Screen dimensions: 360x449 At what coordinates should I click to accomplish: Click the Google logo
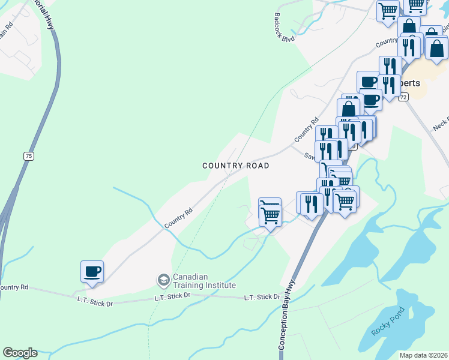[x=20, y=353]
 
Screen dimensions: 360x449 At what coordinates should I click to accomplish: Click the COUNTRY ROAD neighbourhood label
[x=235, y=166]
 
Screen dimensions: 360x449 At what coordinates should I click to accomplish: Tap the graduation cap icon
[x=163, y=280]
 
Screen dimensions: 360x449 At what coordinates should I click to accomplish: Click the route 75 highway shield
[x=28, y=156]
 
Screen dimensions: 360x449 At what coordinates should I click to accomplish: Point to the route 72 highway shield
[x=403, y=97]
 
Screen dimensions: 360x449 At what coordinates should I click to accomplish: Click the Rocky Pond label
[x=388, y=321]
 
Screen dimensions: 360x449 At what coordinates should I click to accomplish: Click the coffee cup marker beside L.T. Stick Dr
[x=92, y=271]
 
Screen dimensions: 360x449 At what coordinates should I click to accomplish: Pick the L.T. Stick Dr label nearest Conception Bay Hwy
[x=262, y=297]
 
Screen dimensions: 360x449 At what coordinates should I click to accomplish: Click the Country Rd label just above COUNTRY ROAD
[x=305, y=130]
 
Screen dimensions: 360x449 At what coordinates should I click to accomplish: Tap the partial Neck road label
[x=441, y=125]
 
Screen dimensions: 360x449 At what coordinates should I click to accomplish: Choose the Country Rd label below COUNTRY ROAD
[x=178, y=218]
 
